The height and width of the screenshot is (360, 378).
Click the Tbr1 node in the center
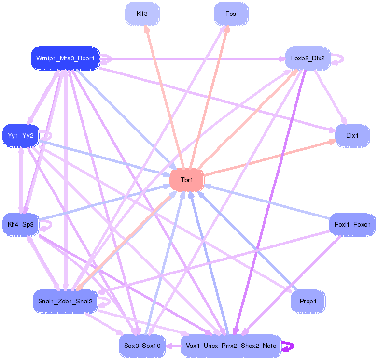pyautogui.click(x=187, y=180)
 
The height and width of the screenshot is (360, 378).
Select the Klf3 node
pyautogui.click(x=142, y=14)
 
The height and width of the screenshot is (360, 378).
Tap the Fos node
pyautogui.click(x=231, y=14)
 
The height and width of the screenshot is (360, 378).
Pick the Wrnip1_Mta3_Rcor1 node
pyautogui.click(x=65, y=58)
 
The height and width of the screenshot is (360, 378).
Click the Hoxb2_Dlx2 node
pyautogui.click(x=307, y=58)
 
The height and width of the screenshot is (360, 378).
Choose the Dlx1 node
pyautogui.click(x=352, y=135)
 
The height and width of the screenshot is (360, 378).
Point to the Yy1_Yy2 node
pyautogui.click(x=21, y=136)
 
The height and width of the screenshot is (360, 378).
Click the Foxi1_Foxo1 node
pyautogui.click(x=352, y=225)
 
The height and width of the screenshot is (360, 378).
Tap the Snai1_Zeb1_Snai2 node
pyautogui.click(x=65, y=301)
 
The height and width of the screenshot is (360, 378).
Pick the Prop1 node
pyautogui.click(x=308, y=301)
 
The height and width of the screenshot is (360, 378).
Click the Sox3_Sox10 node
pyautogui.click(x=142, y=346)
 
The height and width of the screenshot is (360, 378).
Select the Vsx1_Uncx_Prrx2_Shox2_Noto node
pyautogui.click(x=231, y=346)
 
